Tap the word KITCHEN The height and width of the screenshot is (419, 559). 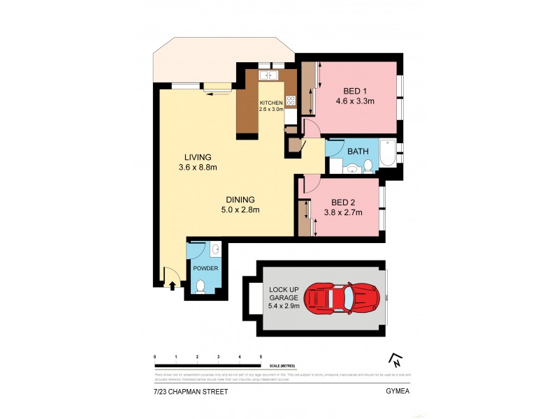coord(271,103)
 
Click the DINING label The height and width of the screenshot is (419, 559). coord(240,199)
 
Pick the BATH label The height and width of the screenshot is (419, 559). coord(358,151)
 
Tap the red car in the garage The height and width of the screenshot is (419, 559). coord(342,297)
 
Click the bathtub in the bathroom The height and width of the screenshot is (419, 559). coord(386,153)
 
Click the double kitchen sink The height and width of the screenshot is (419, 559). coord(269,75)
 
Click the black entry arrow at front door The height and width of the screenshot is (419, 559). coord(173,285)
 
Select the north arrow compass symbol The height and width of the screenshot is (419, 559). coord(395,360)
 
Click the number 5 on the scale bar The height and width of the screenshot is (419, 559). coord(261,357)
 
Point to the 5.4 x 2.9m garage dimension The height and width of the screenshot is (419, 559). coord(284,306)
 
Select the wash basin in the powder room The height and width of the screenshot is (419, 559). coord(215,249)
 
